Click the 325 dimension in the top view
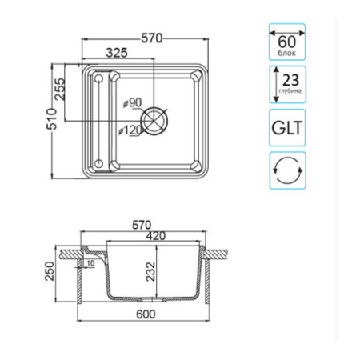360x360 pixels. (117, 53)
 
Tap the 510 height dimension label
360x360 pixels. (52, 119)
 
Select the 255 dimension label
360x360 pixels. (60, 89)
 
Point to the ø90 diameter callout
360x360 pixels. (132, 102)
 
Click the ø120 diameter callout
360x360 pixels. (130, 130)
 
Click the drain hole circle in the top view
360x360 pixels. (154, 122)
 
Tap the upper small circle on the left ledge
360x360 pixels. (98, 78)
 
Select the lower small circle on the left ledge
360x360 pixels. (98, 163)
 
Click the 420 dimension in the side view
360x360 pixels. (156, 236)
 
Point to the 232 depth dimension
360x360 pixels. (150, 271)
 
